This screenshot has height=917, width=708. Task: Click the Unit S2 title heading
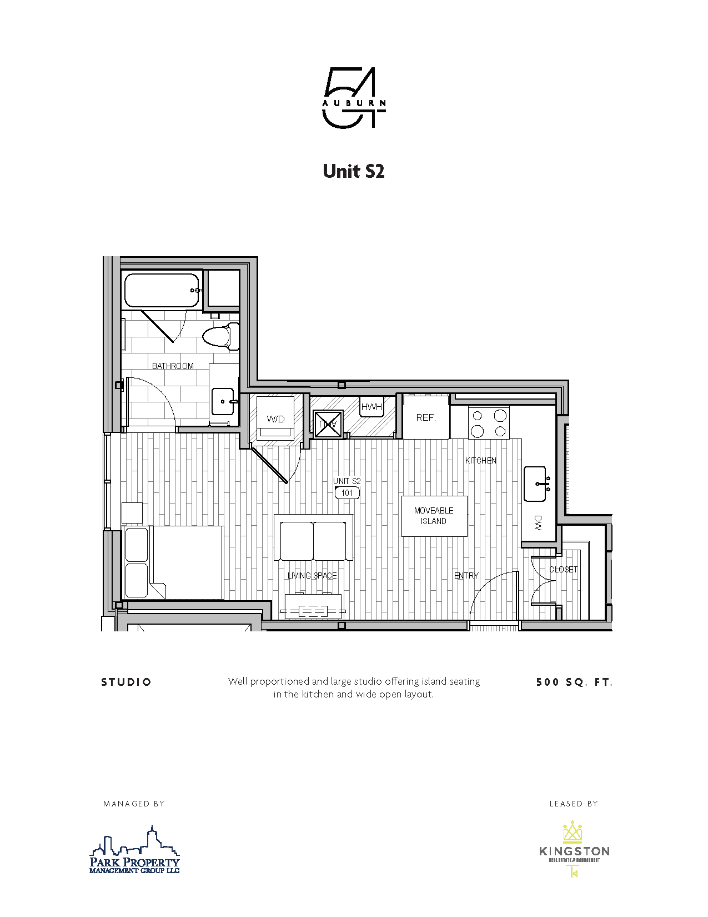tap(354, 171)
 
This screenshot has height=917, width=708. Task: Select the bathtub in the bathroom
tap(161, 290)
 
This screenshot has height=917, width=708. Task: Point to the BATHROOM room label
tap(173, 366)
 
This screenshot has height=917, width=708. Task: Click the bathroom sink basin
tap(223, 401)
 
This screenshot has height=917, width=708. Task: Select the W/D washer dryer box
tap(275, 418)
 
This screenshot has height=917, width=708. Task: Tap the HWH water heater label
tap(371, 407)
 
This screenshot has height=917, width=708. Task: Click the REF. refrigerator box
tap(426, 417)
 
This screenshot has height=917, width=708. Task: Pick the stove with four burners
tap(489, 423)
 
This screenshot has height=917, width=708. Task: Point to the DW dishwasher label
tap(538, 522)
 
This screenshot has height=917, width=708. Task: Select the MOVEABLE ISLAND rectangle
tap(434, 516)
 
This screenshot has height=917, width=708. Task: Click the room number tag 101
tap(347, 492)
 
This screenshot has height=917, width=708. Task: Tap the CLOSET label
tap(563, 569)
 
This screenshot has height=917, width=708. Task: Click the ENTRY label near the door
tap(466, 575)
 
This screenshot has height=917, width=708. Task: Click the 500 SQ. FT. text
tap(574, 682)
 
